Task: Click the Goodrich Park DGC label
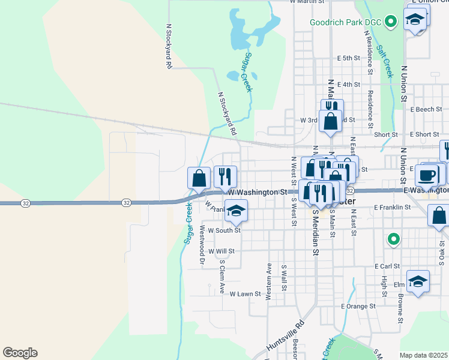(346, 23)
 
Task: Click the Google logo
(20, 353)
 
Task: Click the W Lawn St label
(246, 294)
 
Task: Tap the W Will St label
(221, 251)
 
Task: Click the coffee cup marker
(427, 175)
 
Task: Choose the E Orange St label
(358, 306)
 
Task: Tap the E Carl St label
(387, 266)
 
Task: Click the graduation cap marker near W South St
(237, 211)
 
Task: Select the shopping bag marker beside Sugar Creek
(199, 178)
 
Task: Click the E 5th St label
(348, 58)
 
